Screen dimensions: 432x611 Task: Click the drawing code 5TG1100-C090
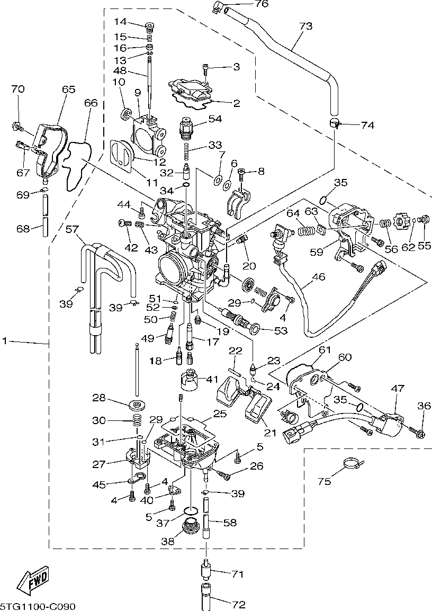point(38,606)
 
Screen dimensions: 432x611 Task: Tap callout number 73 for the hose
point(306,26)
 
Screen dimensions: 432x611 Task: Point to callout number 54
point(214,119)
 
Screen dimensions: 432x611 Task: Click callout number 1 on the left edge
point(5,342)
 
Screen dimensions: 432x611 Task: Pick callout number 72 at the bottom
point(239,604)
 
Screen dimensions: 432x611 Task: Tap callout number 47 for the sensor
point(398,388)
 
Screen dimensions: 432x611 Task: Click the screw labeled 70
point(17,126)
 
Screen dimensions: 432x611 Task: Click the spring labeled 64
point(306,231)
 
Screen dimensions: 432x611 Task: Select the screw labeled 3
point(206,69)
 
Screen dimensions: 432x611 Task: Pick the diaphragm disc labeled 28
point(137,405)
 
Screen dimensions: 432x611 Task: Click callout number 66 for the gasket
point(91,103)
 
